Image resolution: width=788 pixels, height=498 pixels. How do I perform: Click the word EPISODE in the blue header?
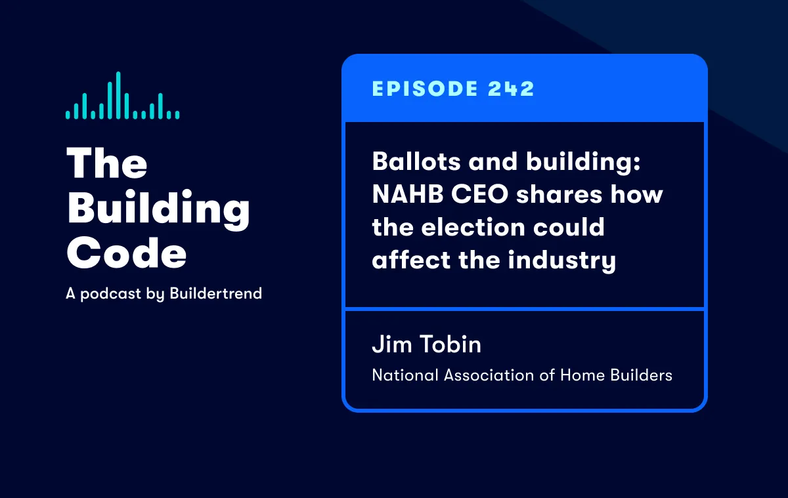point(425,89)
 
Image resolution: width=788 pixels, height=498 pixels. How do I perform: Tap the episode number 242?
point(511,89)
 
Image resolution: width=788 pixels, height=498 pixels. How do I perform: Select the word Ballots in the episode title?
point(416,161)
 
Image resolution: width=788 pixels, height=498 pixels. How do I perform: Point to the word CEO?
point(480,194)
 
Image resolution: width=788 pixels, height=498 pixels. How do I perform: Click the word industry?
point(562,260)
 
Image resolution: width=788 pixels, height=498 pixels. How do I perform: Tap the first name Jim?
point(392,344)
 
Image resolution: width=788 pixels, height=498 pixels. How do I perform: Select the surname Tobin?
point(450,344)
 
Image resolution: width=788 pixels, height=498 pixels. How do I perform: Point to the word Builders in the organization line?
point(642,375)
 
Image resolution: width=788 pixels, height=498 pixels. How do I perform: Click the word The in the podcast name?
point(107,163)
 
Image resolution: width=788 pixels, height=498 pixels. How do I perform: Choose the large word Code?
point(127,253)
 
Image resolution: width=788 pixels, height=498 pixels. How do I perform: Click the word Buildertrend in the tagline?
point(215,293)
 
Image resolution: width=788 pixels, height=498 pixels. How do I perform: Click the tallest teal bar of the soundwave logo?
point(118,95)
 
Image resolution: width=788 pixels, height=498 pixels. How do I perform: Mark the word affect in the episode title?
point(411,259)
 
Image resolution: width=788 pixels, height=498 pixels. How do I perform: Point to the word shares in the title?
point(559,194)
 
